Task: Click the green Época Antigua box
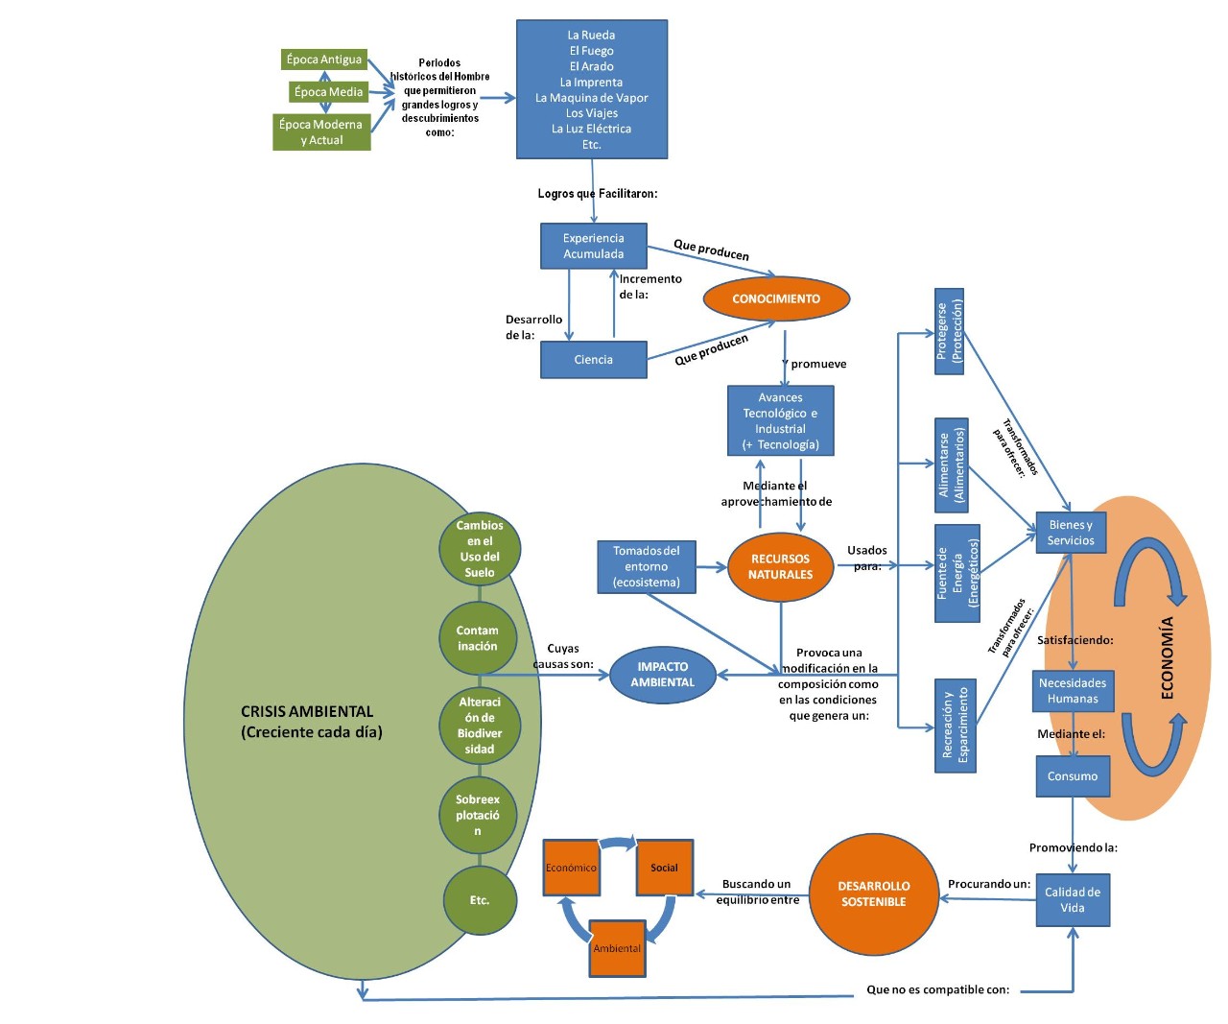pyautogui.click(x=324, y=60)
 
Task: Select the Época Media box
pyautogui.click(x=328, y=92)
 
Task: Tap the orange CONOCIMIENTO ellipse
pyautogui.click(x=776, y=298)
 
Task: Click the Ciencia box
pyautogui.click(x=593, y=360)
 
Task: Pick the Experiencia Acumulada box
pyautogui.click(x=593, y=247)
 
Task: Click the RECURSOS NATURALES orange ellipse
pyautogui.click(x=780, y=566)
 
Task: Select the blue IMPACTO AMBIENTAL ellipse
pyautogui.click(x=662, y=675)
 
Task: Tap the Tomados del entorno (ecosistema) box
pyautogui.click(x=646, y=566)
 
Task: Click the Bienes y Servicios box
pyautogui.click(x=1071, y=533)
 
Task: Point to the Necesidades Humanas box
pyautogui.click(x=1073, y=691)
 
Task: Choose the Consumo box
pyautogui.click(x=1072, y=776)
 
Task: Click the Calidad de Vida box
pyautogui.click(x=1073, y=900)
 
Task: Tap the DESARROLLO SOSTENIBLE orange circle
pyautogui.click(x=873, y=894)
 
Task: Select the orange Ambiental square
pyautogui.click(x=617, y=948)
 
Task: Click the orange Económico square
pyautogui.click(x=571, y=868)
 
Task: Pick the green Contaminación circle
pyautogui.click(x=478, y=638)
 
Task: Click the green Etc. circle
pyautogui.click(x=480, y=900)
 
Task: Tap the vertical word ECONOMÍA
pyautogui.click(x=1168, y=657)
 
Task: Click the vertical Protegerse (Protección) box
pyautogui.click(x=949, y=331)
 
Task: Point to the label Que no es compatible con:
pyautogui.click(x=937, y=989)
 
